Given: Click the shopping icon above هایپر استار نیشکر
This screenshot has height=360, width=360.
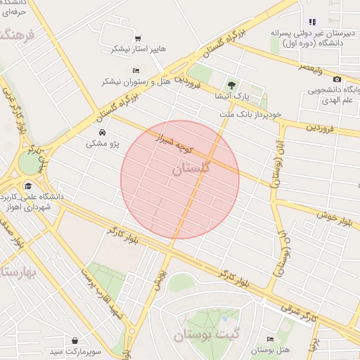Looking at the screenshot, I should (x=138, y=39).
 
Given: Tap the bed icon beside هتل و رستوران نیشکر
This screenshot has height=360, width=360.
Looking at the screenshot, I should (x=136, y=71).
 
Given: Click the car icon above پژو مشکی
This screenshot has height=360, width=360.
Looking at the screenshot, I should (x=103, y=132).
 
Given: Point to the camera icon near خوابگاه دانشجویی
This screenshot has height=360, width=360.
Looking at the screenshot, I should (x=337, y=79).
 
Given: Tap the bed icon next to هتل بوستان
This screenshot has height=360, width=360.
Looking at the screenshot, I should (x=271, y=339).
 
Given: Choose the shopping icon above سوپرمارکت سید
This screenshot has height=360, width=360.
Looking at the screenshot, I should (x=75, y=339).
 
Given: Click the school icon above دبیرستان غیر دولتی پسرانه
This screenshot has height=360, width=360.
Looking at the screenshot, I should (x=312, y=22).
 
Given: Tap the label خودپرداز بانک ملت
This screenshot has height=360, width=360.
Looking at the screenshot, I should (x=250, y=113).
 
